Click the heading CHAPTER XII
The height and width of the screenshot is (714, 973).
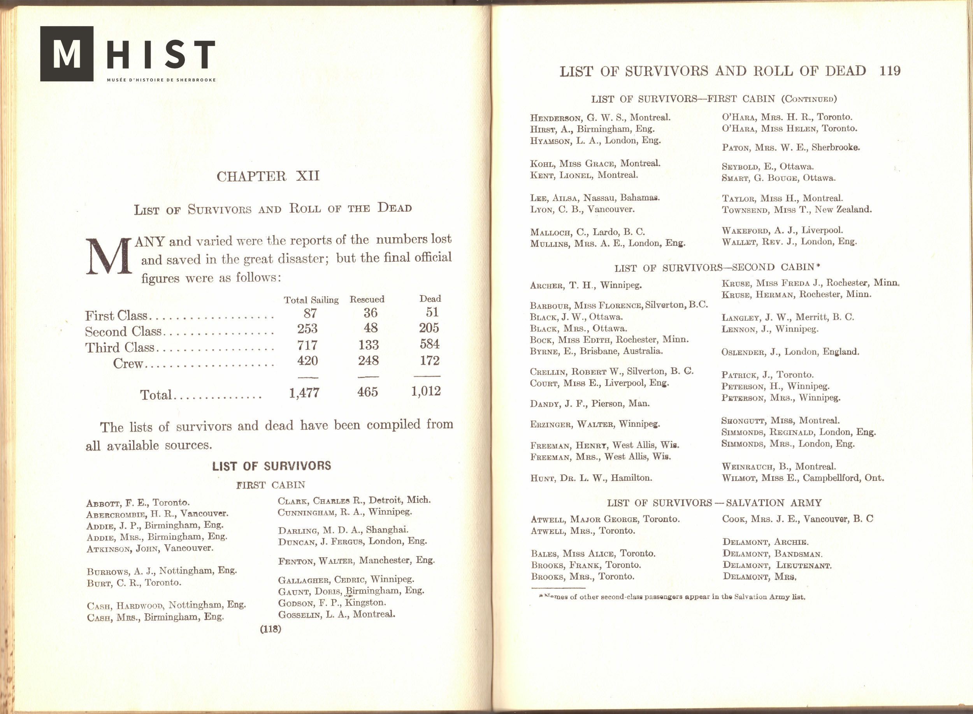pyautogui.click(x=268, y=176)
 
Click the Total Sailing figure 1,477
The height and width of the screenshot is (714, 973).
pyautogui.click(x=304, y=392)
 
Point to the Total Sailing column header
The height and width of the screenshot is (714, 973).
pyautogui.click(x=311, y=300)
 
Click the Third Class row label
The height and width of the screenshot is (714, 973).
pyautogui.click(x=119, y=347)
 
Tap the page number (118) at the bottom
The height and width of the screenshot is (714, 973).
pyautogui.click(x=270, y=629)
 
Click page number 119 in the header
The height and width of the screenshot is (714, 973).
pyautogui.click(x=890, y=71)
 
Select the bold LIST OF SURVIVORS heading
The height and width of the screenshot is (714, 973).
pyautogui.click(x=271, y=466)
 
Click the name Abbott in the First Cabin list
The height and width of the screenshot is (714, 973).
pyautogui.click(x=102, y=504)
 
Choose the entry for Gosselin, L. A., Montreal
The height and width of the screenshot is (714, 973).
pyautogui.click(x=336, y=615)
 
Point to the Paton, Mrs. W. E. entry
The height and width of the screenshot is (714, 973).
pyautogui.click(x=790, y=147)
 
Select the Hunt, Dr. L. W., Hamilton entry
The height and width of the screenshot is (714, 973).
pyautogui.click(x=591, y=478)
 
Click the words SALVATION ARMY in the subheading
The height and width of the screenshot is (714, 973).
pyautogui.click(x=773, y=502)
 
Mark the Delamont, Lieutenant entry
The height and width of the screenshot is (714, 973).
pyautogui.click(x=776, y=565)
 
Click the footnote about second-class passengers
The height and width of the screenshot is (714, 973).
pyautogui.click(x=668, y=597)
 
